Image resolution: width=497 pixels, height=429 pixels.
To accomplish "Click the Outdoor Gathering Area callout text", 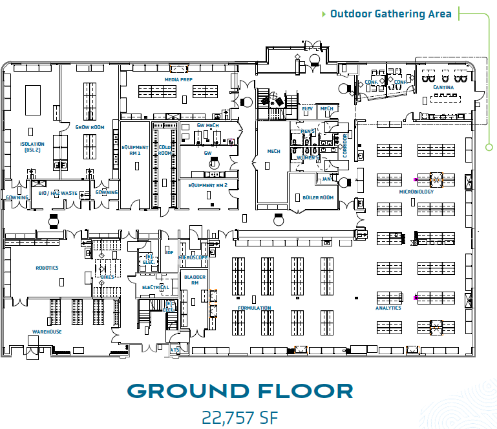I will point(390,14).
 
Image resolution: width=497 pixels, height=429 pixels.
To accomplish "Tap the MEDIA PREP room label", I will point(178,80).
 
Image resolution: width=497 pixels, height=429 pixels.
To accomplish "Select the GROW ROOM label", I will point(90,128).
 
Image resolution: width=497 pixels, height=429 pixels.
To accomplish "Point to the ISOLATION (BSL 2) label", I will point(32,146).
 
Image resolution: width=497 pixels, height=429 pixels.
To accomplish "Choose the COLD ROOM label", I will point(164,150).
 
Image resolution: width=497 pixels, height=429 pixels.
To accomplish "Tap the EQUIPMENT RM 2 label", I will point(208,185).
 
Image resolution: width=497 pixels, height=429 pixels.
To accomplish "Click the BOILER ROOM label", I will point(318,197).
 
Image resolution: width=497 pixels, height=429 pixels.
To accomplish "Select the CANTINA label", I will point(443,87).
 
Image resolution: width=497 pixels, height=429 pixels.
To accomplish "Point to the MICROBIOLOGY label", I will point(416,192).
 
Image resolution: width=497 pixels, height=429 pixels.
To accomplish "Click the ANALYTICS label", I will point(388,308).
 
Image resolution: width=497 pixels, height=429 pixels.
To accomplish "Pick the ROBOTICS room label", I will point(47,267).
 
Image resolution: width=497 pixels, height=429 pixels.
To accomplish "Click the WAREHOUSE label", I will point(47,332).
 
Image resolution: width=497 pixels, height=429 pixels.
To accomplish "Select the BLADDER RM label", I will point(195,280).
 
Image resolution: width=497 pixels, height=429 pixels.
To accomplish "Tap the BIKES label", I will point(107,277).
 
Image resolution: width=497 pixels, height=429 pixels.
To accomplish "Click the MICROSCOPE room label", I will point(193,257).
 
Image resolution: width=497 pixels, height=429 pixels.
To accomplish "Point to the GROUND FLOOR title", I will point(240,391).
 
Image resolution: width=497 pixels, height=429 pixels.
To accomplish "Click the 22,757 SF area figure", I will point(240,417).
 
